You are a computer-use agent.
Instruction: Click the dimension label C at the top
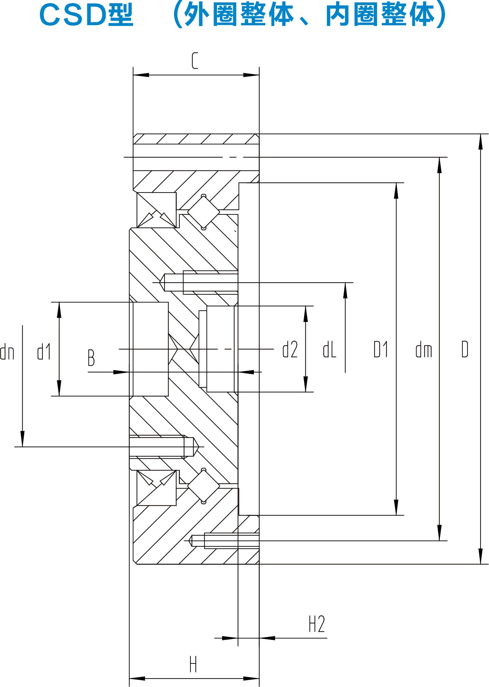pyautogui.click(x=195, y=61)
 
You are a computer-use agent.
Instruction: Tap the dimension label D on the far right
pyautogui.click(x=465, y=349)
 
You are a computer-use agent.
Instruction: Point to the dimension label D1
pyautogui.click(x=381, y=350)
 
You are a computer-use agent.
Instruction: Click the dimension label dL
pyautogui.click(x=330, y=350)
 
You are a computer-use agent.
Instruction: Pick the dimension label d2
pyautogui.click(x=290, y=350)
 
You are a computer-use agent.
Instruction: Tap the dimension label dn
pyautogui.click(x=7, y=352)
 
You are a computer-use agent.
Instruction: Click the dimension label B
pyautogui.click(x=91, y=358)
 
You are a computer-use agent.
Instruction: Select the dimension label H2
pyautogui.click(x=317, y=624)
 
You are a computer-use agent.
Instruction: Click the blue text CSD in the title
pyautogui.click(x=73, y=16)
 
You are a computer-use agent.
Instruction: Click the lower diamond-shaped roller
pyautogui.click(x=204, y=486)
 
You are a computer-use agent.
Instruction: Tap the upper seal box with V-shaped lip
pyautogui.click(x=157, y=210)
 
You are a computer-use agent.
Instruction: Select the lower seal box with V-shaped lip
pyautogui.click(x=157, y=488)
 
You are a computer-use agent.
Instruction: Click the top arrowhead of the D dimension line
pyautogui.click(x=480, y=141)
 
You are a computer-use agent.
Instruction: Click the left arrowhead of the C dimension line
pyautogui.click(x=140, y=75)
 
